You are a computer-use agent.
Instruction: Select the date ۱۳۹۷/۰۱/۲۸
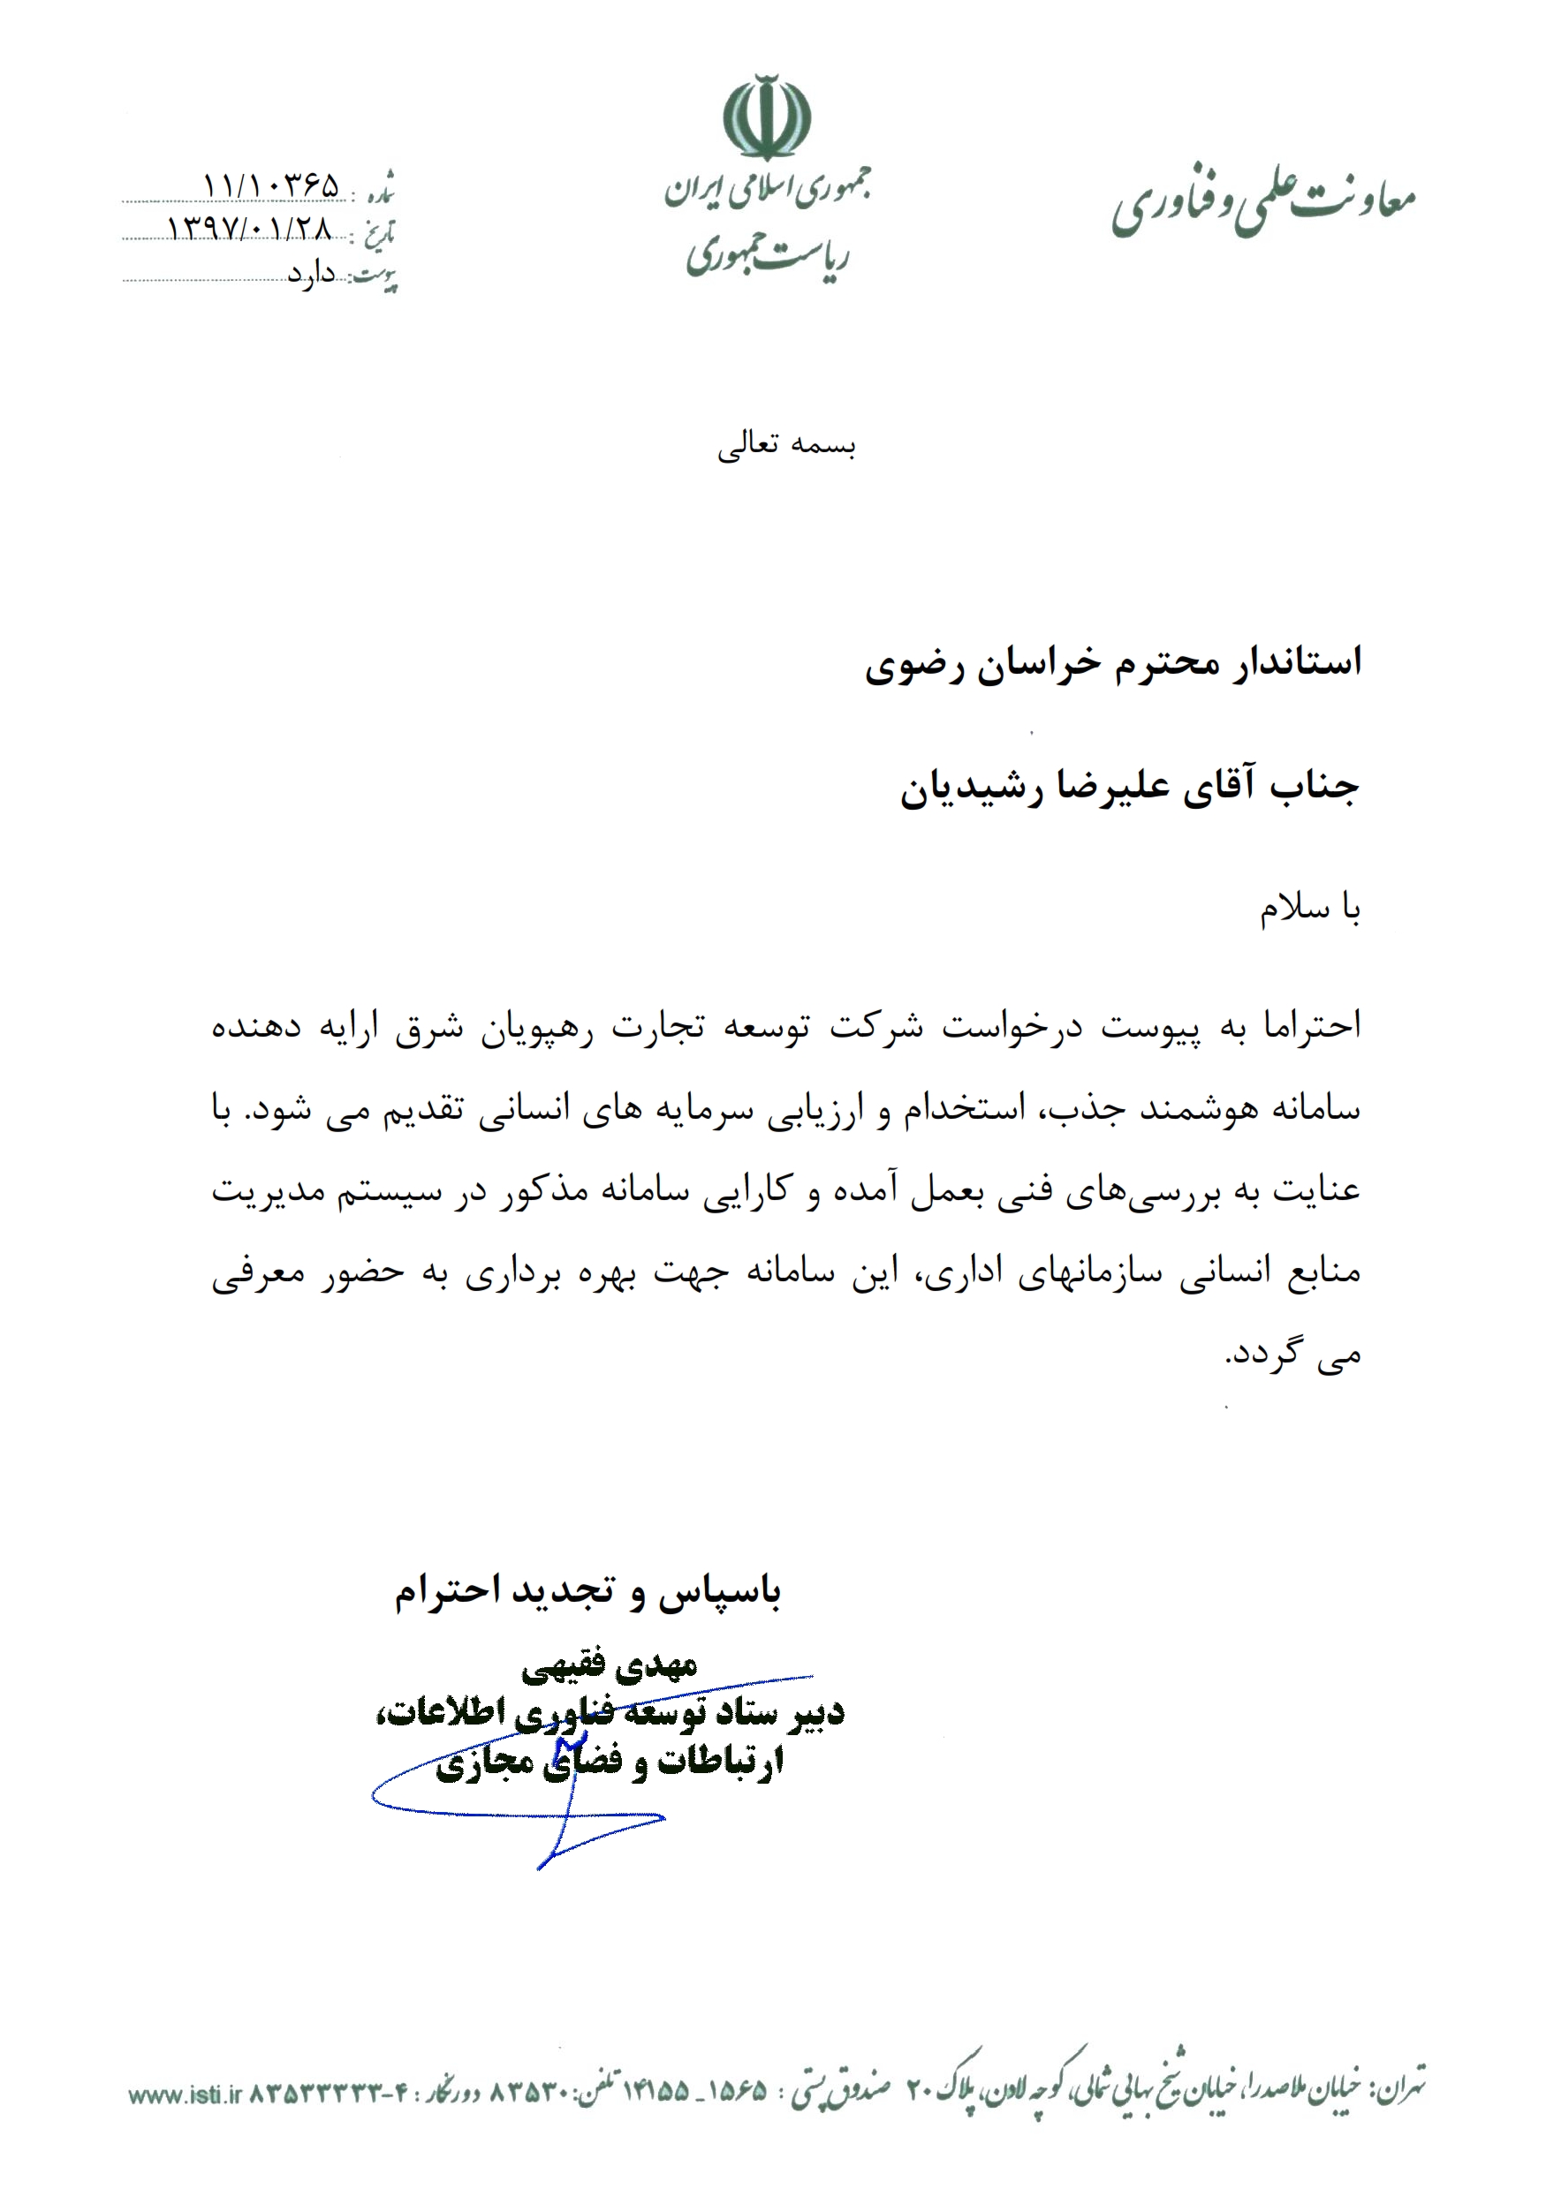[x=250, y=229]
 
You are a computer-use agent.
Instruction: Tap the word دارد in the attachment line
[x=312, y=275]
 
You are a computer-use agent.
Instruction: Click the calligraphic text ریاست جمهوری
[x=767, y=255]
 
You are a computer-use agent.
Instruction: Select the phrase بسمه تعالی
[x=786, y=445]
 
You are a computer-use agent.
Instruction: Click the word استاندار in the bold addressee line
[x=1292, y=661]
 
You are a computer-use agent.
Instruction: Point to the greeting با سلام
[x=1308, y=909]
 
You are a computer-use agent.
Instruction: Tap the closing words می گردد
[x=1292, y=1355]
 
